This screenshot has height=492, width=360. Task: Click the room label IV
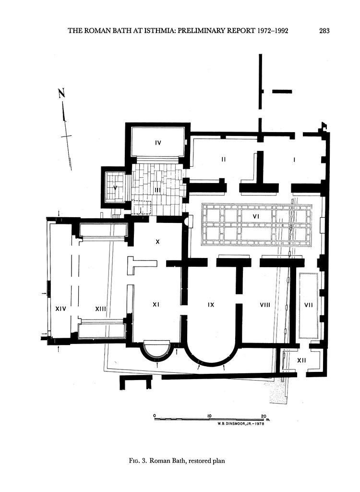158,143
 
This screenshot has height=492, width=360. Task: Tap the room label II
223,160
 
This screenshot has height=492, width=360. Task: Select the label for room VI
256,216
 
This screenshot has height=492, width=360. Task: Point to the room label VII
309,305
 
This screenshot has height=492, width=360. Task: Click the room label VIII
265,305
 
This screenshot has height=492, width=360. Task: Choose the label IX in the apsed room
211,305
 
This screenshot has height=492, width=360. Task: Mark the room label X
158,242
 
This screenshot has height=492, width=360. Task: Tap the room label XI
156,304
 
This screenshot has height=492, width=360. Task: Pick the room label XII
301,360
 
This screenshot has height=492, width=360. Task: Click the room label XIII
100,309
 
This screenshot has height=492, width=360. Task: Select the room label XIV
61,309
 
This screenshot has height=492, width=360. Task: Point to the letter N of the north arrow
62,94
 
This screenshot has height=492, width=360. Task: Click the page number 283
324,31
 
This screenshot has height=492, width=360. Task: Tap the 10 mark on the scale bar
209,416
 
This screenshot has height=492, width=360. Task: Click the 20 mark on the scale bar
264,417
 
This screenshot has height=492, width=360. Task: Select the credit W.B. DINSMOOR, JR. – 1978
240,424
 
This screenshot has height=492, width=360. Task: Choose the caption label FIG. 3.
138,461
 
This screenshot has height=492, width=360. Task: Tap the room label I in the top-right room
294,160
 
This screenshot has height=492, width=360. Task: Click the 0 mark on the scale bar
155,416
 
